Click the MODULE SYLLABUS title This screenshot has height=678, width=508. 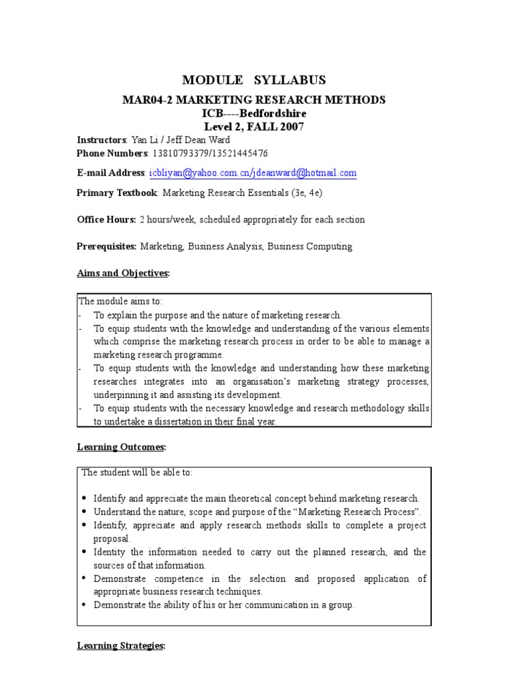click(x=254, y=80)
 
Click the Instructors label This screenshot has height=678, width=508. click(x=101, y=140)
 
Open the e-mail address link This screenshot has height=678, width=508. click(x=253, y=173)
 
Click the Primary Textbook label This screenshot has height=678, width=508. click(x=117, y=193)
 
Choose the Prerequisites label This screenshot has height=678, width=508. click(x=106, y=246)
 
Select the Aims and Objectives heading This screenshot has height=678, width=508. click(x=123, y=273)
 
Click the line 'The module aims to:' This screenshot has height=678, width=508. click(x=120, y=301)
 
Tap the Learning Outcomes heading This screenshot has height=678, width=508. click(x=121, y=447)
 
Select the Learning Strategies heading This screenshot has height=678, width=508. click(x=121, y=646)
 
